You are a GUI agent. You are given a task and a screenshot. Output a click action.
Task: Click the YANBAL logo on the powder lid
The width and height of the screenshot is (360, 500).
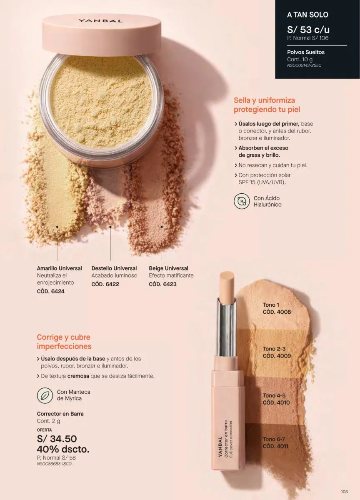100,21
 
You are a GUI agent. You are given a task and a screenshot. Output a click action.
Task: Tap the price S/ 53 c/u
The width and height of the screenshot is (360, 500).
308,30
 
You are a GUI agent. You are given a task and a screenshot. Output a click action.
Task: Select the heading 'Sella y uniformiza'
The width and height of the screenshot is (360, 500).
264,100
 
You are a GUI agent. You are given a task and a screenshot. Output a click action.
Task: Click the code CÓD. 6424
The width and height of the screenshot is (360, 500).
51,291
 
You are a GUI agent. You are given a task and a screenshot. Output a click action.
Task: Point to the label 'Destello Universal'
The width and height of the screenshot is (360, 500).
114,268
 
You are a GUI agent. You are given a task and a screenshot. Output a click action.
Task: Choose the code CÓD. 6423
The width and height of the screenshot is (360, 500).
162,284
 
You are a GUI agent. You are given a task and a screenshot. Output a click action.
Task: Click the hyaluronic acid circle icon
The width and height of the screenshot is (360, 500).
242,201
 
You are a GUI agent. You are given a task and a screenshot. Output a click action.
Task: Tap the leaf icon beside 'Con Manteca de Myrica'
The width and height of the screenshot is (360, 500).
45,395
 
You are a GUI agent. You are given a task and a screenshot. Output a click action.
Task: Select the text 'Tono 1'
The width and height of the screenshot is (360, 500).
271,305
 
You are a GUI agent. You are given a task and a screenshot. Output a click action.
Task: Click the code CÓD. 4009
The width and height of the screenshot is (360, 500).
277,355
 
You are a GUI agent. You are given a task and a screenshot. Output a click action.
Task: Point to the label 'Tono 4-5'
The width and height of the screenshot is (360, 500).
274,395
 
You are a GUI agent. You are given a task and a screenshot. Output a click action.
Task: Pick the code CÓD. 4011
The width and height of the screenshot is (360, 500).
275,446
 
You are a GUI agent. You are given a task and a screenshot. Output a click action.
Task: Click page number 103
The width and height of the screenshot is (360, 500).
344,492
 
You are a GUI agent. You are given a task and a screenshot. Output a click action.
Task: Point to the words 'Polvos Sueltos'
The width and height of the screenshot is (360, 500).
306,52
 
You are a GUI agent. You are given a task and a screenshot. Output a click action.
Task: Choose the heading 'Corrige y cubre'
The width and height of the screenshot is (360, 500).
64,337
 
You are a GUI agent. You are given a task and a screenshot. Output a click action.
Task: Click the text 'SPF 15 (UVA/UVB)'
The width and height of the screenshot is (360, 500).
262,182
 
